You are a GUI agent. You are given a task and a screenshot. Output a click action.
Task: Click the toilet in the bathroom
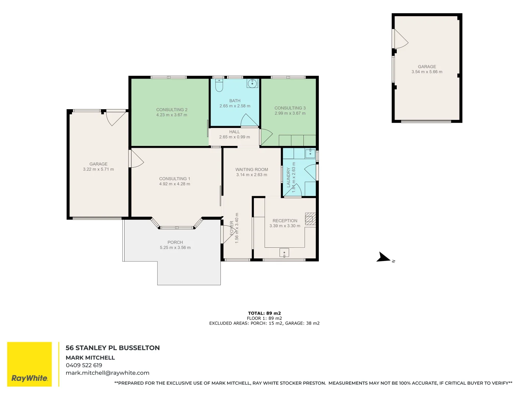tap(219, 86)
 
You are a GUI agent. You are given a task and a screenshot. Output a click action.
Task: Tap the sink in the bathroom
tap(252, 83)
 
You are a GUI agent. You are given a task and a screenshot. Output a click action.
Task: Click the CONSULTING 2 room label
tap(172, 110)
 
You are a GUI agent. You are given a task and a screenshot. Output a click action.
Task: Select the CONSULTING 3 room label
tap(290, 108)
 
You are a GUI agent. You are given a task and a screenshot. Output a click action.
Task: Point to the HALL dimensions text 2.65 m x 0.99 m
tap(234, 137)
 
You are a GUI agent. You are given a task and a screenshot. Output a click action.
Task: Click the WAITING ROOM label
tap(252, 169)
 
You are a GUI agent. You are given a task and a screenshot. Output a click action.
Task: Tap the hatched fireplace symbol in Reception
tap(310, 219)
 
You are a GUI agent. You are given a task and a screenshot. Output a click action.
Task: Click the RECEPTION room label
tap(285, 221)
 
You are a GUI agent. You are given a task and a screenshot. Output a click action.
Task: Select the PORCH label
tap(175, 242)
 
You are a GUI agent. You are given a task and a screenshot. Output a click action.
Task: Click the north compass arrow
tap(384, 257)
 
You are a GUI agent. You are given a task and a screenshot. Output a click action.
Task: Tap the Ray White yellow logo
tap(29, 364)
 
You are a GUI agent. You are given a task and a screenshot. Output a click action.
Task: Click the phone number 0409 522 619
tap(84, 365)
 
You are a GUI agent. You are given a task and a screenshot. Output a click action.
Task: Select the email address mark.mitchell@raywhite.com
tap(107, 373)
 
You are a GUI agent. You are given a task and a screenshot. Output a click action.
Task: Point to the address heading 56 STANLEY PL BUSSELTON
tap(112, 348)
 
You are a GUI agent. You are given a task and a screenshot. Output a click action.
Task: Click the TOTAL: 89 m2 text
tap(264, 313)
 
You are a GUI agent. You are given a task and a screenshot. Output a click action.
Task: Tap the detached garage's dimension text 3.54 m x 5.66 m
tap(427, 72)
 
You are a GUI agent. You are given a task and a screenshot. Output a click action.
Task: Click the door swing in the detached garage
tap(400, 39)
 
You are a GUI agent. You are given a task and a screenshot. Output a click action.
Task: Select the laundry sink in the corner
tap(310, 153)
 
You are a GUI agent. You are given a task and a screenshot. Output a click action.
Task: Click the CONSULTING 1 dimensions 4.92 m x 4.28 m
tap(174, 184)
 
